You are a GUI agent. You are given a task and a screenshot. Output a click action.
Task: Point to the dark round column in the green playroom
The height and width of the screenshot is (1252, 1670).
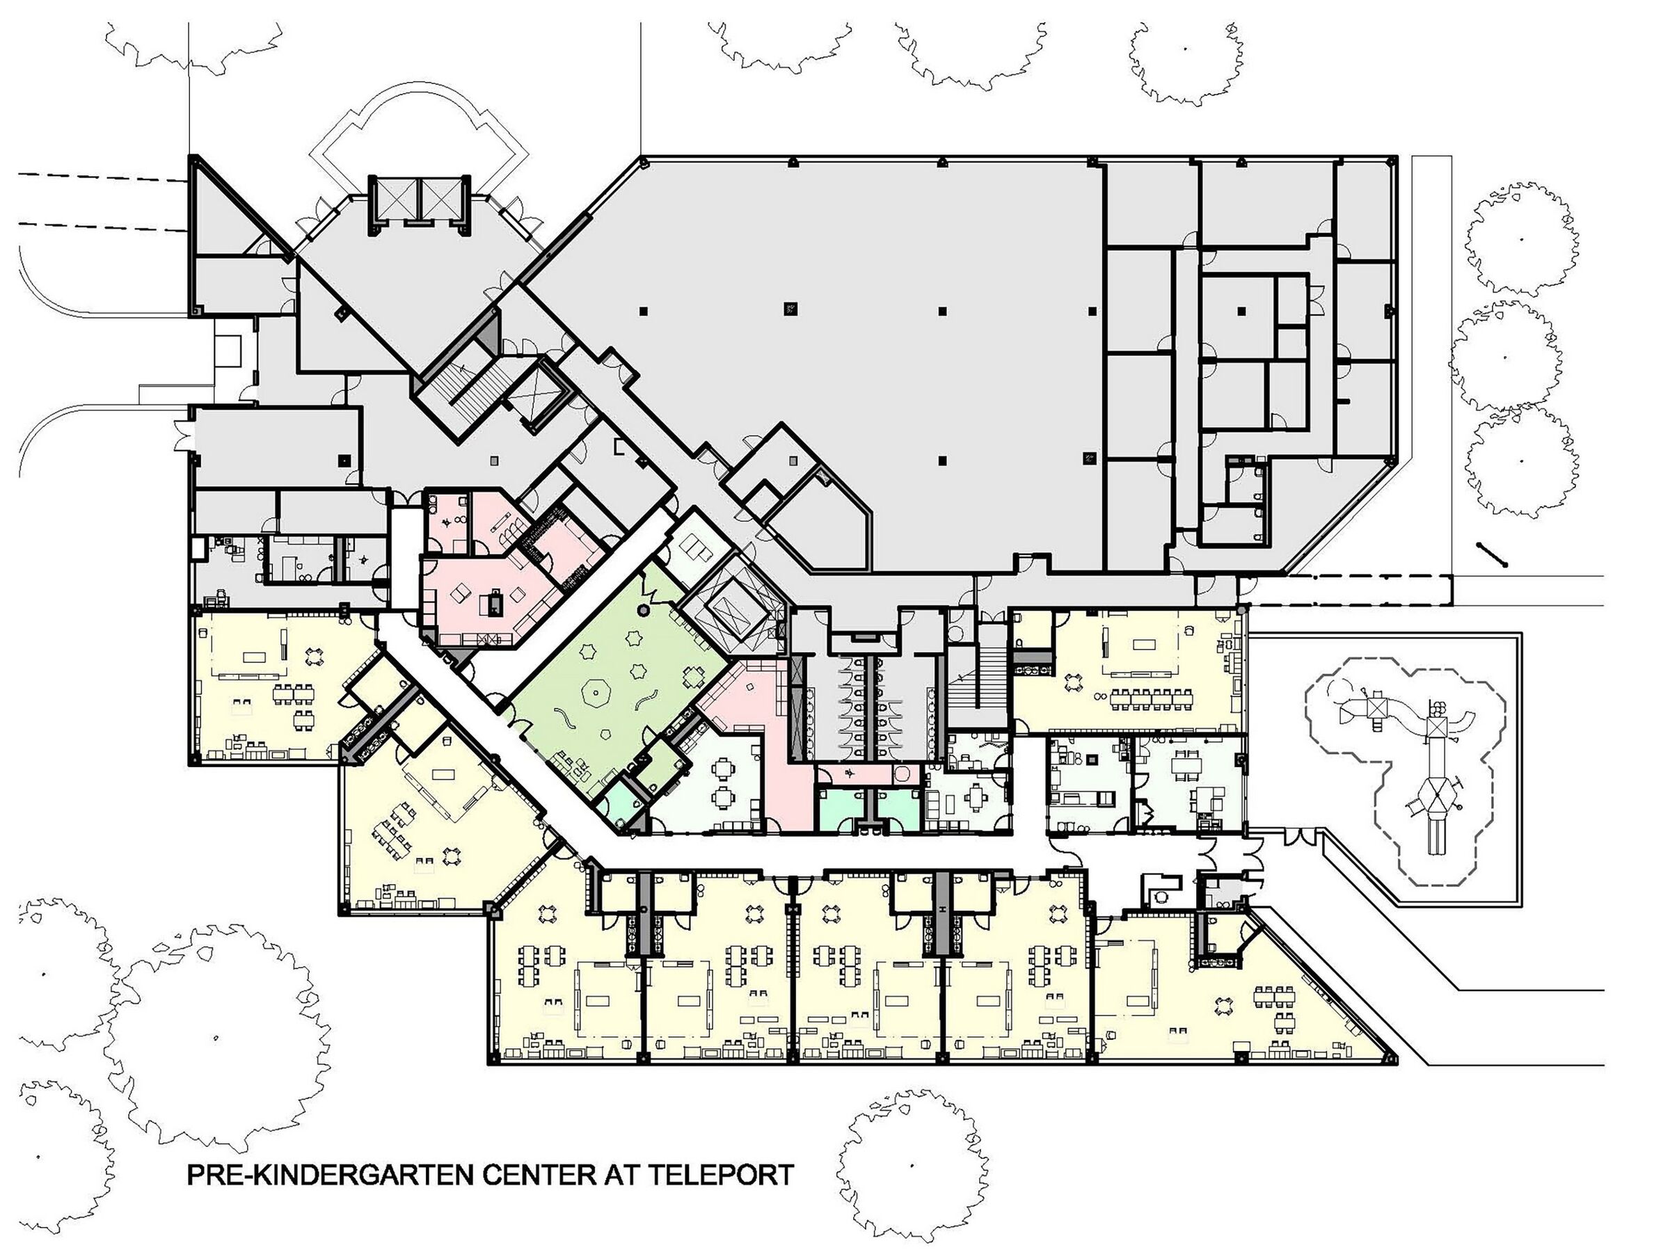pyautogui.click(x=643, y=610)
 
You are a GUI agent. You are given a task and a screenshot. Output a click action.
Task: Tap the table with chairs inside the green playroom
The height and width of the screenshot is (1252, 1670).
pyautogui.click(x=693, y=677)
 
